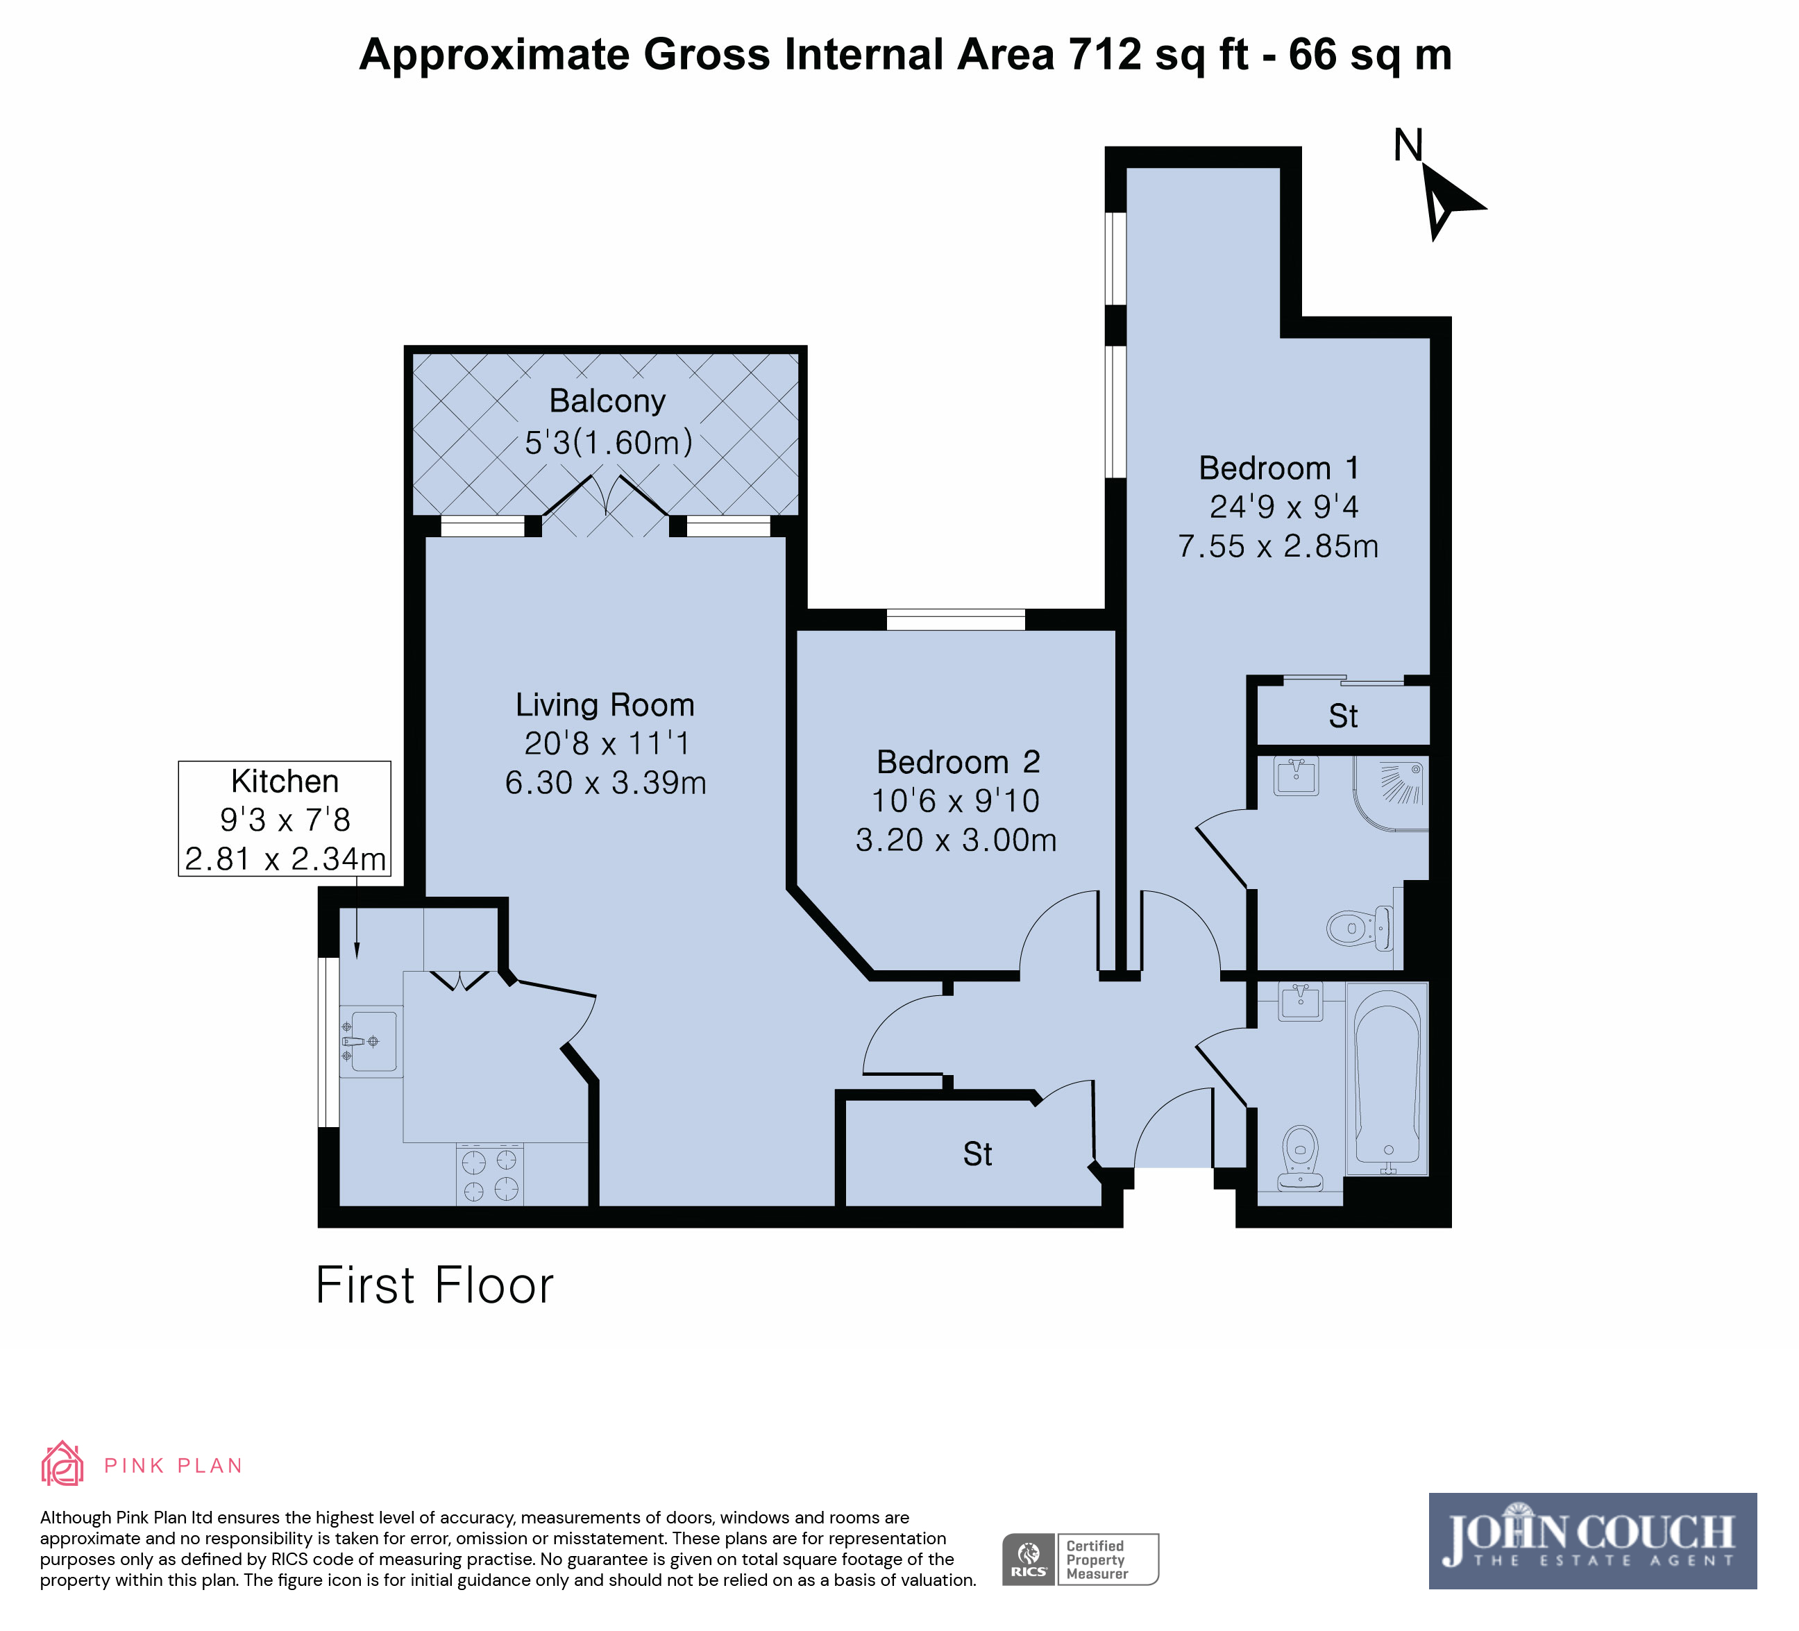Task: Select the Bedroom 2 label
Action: [958, 762]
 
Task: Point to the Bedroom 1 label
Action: [1278, 468]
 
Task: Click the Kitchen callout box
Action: [285, 818]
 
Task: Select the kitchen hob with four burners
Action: [490, 1175]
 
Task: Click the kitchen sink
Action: [371, 1041]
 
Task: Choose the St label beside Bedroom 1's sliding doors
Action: [1343, 716]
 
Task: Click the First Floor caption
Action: [434, 1285]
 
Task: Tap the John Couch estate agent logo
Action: [1592, 1541]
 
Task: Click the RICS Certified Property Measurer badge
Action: [1080, 1560]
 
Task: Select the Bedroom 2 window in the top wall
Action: [956, 619]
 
